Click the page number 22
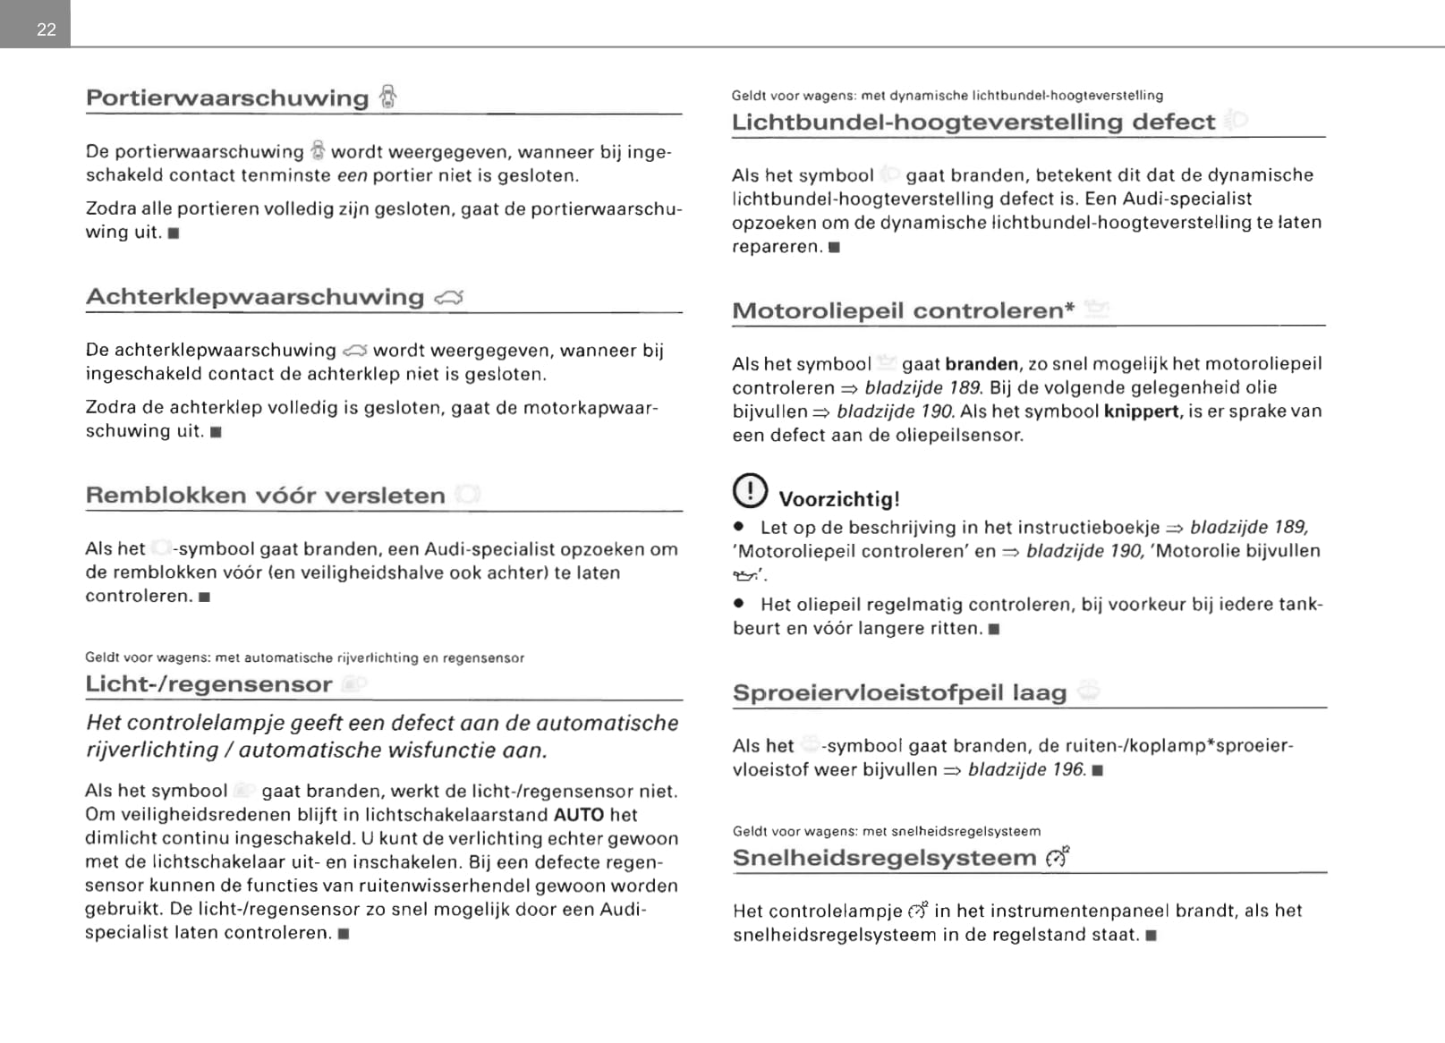[x=47, y=30]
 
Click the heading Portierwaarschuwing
[x=227, y=98]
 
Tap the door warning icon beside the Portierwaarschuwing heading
[x=387, y=97]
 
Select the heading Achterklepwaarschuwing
[x=255, y=297]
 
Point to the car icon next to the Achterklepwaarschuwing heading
[x=449, y=298]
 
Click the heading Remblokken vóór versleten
[x=265, y=496]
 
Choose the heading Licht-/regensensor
[x=208, y=684]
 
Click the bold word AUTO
[x=579, y=815]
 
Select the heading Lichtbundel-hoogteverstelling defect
[x=973, y=122]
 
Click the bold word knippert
[x=1141, y=411]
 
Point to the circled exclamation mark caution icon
[x=750, y=490]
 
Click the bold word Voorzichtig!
[x=839, y=499]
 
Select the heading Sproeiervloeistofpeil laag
[x=899, y=693]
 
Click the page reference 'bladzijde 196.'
[x=1027, y=769]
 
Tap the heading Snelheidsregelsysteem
[x=884, y=858]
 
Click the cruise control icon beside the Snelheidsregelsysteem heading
[x=1057, y=857]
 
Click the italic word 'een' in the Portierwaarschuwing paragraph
[x=352, y=176]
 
